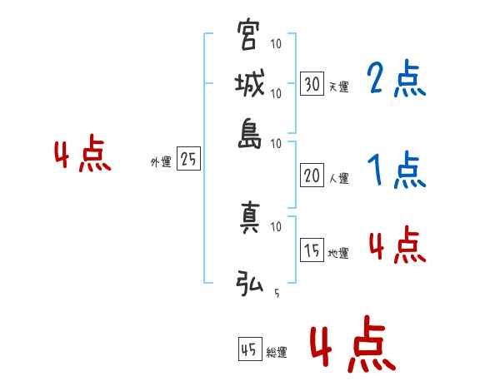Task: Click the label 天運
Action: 337,87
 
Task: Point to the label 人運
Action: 337,178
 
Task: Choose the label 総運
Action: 276,353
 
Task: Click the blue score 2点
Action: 396,80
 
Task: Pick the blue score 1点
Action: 396,171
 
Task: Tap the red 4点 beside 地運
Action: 396,247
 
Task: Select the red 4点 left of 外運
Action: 82,156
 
